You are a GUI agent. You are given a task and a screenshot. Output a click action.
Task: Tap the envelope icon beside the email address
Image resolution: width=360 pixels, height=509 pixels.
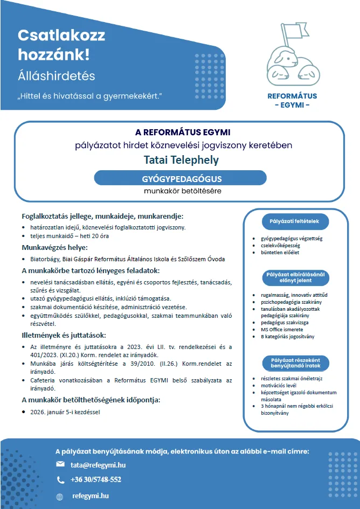click(60, 464)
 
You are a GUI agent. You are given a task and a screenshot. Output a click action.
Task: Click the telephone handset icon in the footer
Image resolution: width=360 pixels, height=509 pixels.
click(60, 480)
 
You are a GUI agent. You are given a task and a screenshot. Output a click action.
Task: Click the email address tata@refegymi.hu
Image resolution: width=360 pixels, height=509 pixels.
click(98, 464)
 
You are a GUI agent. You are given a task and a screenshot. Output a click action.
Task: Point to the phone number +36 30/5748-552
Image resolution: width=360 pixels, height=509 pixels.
click(96, 480)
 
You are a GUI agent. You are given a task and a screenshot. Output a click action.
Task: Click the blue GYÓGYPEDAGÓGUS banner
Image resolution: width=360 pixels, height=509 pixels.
click(180, 178)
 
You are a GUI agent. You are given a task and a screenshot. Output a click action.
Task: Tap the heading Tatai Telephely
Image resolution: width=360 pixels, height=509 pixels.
click(181, 160)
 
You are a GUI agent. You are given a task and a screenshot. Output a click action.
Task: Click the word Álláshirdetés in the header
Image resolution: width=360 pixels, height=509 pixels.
click(56, 76)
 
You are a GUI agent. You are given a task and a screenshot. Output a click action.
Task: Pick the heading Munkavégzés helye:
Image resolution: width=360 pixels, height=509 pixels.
click(54, 248)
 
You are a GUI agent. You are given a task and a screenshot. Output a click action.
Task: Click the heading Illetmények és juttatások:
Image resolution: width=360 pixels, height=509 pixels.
click(60, 335)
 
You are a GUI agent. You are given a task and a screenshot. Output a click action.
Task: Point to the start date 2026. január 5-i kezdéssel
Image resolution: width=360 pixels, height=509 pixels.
click(65, 412)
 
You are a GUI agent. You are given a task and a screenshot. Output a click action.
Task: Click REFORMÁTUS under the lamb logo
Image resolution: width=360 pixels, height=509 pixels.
click(293, 96)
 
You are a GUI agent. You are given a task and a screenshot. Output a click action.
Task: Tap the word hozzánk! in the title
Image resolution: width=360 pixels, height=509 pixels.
click(54, 54)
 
